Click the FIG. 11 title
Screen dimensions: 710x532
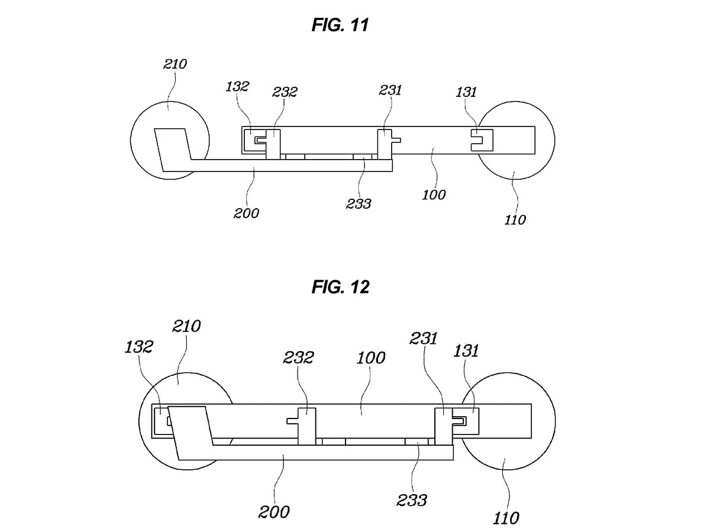coord(340,25)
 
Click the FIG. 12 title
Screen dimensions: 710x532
coord(340,287)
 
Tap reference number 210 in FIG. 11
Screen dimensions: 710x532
coord(175,64)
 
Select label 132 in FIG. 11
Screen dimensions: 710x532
coord(237,86)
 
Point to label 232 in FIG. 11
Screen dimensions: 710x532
coord(285,92)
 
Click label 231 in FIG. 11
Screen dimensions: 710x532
coord(390,90)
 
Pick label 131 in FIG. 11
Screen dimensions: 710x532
coord(466,92)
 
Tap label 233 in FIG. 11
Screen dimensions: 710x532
coord(359,204)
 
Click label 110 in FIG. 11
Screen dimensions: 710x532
coord(515,220)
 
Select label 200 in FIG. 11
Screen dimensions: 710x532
coord(246,213)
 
